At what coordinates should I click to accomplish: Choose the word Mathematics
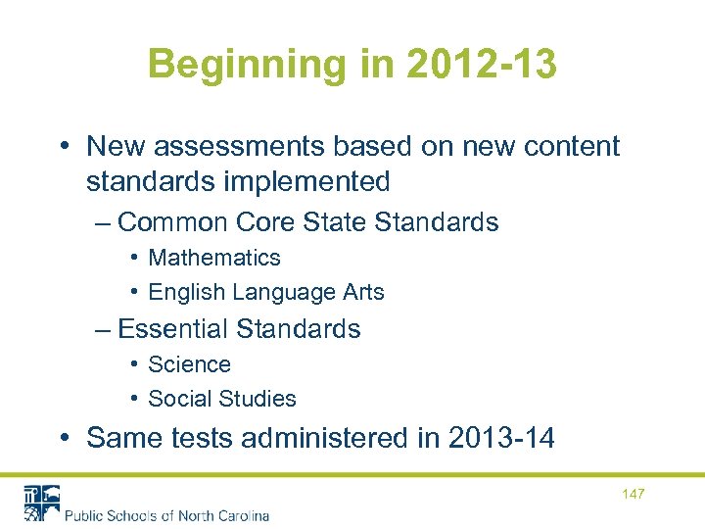tap(214, 258)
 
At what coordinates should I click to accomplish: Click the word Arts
tap(362, 292)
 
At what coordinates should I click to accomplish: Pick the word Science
tap(189, 364)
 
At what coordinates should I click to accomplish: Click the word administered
tap(328, 438)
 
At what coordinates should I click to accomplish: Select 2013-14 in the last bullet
tap(498, 438)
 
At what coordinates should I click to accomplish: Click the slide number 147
tap(633, 494)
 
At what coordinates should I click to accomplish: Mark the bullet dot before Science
tap(133, 364)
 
